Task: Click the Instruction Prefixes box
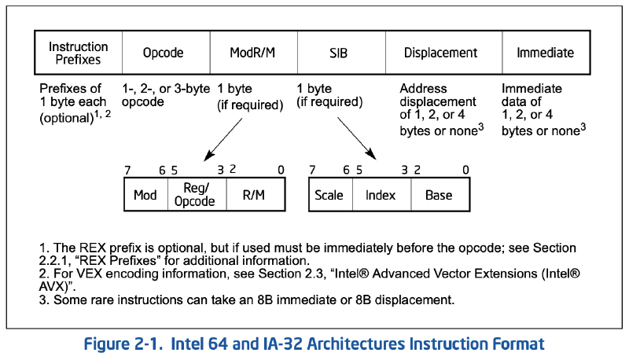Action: pos(78,53)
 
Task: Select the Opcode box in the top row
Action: pos(163,53)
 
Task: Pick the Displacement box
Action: pos(440,53)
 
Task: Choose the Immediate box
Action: pos(545,53)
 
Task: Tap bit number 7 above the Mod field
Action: pos(127,170)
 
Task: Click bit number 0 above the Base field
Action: pos(465,170)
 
